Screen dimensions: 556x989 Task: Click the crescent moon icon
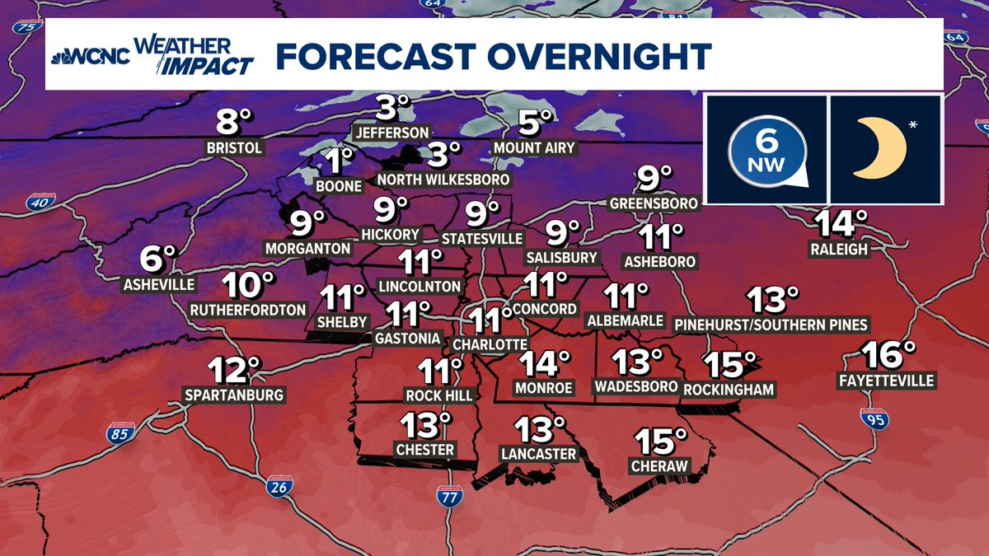coord(879,148)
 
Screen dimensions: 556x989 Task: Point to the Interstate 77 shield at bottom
coord(450,495)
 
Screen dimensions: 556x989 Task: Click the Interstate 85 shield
coord(119,433)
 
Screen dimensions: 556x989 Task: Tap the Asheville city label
coord(158,285)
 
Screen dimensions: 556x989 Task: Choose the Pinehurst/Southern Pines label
coord(771,325)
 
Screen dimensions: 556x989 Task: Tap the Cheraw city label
coord(659,466)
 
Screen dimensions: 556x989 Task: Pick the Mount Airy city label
coord(534,148)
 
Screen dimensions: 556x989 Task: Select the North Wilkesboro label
coord(443,179)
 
